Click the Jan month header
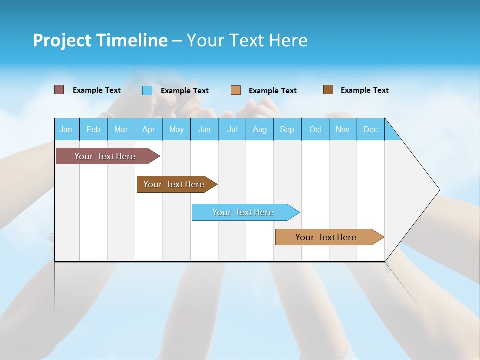[66, 129]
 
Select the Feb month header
[93, 129]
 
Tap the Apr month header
[148, 129]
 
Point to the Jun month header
[204, 129]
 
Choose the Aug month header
[259, 129]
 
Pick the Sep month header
[287, 129]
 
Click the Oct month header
[315, 129]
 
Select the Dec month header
[370, 129]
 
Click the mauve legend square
[59, 90]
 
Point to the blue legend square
[147, 90]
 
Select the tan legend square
[236, 90]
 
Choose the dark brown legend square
[328, 90]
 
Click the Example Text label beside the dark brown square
[364, 90]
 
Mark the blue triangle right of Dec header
[391, 133]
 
